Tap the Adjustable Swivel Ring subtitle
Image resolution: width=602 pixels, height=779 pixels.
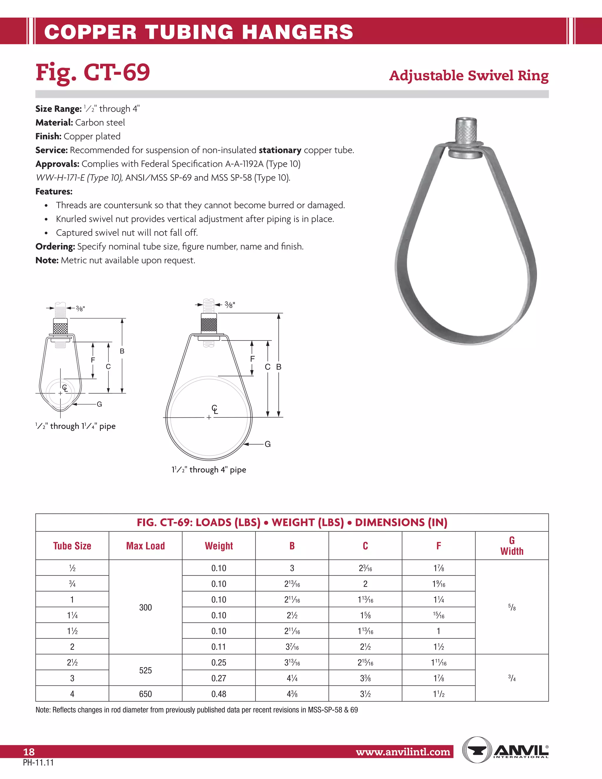pyautogui.click(x=469, y=76)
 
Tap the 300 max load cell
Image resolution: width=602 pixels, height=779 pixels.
pyautogui.click(x=145, y=607)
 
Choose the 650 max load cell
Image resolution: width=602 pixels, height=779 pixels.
pyautogui.click(x=145, y=694)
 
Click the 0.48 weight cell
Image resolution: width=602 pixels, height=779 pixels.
pyautogui.click(x=219, y=694)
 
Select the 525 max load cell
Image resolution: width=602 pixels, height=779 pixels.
pyautogui.click(x=145, y=670)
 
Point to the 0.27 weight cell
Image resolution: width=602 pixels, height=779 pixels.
pyautogui.click(x=219, y=678)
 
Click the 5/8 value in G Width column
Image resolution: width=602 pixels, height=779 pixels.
pyautogui.click(x=511, y=607)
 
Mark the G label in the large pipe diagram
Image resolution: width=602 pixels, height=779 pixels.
pyautogui.click(x=267, y=444)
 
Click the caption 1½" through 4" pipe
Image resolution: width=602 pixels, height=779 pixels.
pyautogui.click(x=209, y=469)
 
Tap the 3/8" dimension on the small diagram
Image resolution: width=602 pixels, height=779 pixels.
pyautogui.click(x=80, y=308)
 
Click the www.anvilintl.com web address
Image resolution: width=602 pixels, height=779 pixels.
pyautogui.click(x=403, y=752)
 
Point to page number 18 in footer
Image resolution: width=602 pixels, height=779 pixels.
pyautogui.click(x=29, y=752)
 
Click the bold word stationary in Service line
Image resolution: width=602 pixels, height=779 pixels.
pyautogui.click(x=280, y=150)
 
